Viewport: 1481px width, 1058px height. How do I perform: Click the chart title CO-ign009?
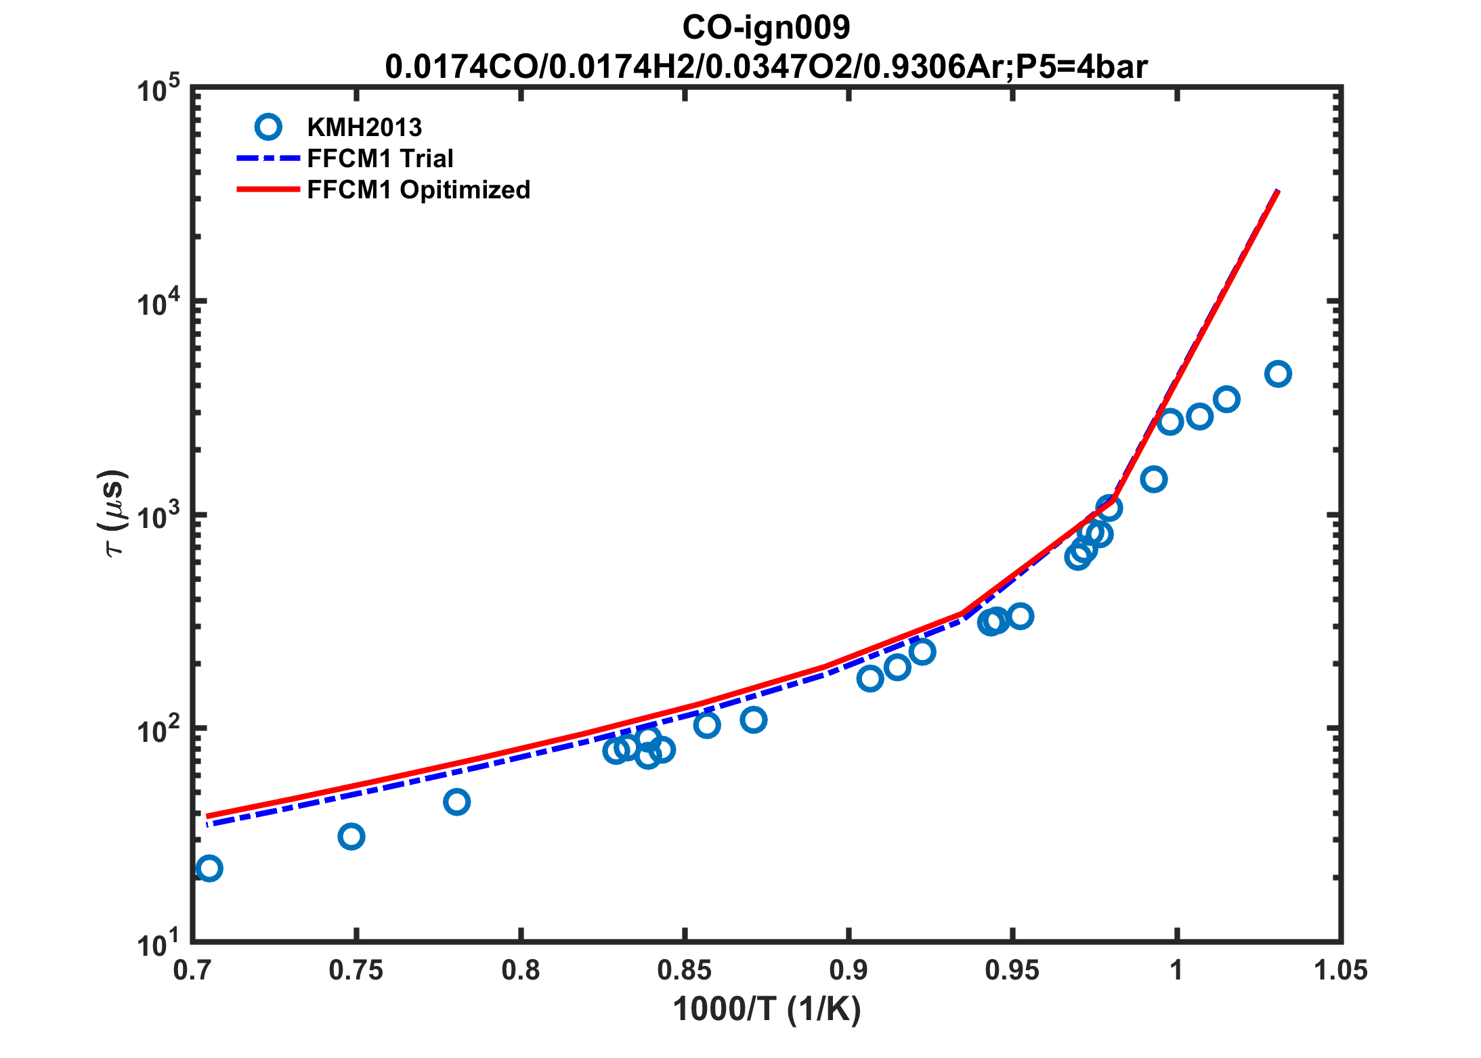pos(766,28)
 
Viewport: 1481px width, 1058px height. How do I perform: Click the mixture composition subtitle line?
pos(766,66)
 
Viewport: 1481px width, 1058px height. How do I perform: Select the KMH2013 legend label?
pos(364,127)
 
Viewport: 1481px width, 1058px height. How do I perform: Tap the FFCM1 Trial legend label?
pos(380,158)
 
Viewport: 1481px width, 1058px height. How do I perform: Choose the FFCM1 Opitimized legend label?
pos(418,190)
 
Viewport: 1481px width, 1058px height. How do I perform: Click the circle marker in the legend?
pos(268,127)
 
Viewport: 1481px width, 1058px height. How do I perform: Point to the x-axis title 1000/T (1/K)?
pos(767,1009)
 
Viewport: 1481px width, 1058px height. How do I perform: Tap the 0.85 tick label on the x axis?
pos(685,971)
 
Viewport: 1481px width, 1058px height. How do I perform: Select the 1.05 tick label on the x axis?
pos(1340,971)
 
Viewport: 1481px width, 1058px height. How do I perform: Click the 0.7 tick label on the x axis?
pos(193,971)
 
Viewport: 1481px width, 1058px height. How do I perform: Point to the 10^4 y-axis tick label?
pos(158,302)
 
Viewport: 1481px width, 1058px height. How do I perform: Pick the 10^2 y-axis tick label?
pos(158,729)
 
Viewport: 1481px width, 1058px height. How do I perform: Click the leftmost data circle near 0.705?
pos(209,868)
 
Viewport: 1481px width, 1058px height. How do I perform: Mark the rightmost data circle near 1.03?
pos(1278,374)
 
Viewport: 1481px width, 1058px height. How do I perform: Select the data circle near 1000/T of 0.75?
pos(351,837)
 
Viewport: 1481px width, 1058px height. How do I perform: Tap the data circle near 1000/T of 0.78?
pos(457,802)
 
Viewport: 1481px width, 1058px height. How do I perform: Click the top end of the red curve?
pos(1277,192)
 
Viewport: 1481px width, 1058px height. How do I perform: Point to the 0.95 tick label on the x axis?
pos(1012,971)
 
